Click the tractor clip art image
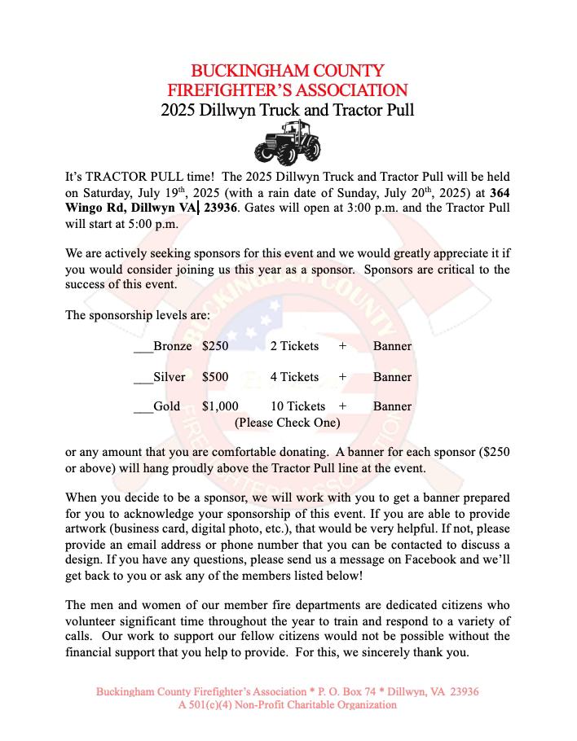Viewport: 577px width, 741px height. click(x=287, y=142)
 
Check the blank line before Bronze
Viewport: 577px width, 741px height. click(x=143, y=347)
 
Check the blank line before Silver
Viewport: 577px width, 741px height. click(x=143, y=378)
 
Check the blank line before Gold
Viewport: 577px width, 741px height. click(x=143, y=407)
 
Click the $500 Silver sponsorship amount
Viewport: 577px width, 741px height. click(x=215, y=377)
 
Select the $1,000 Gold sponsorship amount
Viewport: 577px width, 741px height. click(x=220, y=406)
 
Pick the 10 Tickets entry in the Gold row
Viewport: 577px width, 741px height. click(x=297, y=406)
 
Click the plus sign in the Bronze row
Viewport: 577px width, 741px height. click(x=343, y=346)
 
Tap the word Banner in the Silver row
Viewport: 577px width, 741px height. click(x=392, y=377)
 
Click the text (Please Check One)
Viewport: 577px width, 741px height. click(x=287, y=423)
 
